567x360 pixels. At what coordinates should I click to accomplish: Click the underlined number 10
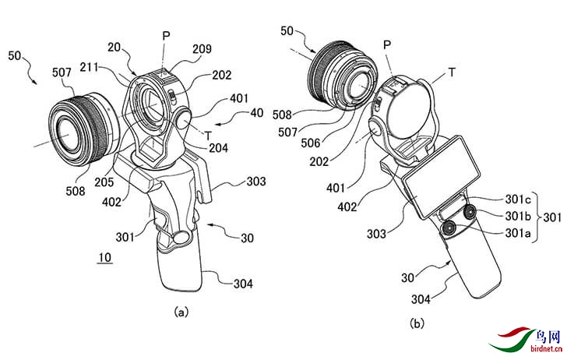coord(103,257)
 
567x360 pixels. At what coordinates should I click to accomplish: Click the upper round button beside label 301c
coord(470,212)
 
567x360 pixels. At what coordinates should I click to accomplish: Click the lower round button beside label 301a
coord(450,228)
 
